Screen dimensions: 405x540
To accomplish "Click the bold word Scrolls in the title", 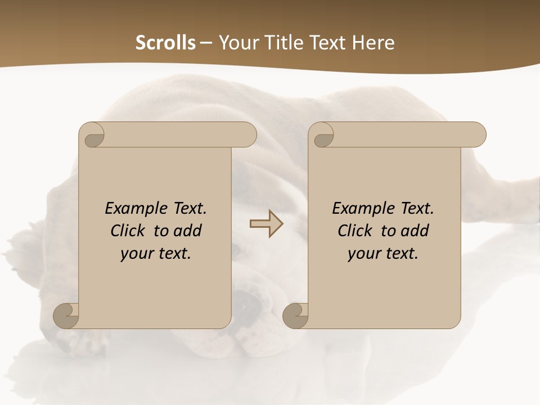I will (165, 43).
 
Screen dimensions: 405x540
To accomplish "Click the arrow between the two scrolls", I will (266, 223).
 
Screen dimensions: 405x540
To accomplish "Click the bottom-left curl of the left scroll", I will (66, 315).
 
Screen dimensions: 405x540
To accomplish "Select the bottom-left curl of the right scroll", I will (295, 315).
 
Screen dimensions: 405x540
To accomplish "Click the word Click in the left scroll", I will (128, 231).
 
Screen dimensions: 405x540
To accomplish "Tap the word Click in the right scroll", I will (355, 231).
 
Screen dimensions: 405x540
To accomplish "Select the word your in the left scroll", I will (136, 254).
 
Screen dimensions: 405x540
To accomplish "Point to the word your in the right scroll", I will (363, 254).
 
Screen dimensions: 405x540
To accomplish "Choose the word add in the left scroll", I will (188, 231).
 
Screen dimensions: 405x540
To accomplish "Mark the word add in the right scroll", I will (415, 231).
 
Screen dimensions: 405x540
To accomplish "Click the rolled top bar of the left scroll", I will (177, 135).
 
